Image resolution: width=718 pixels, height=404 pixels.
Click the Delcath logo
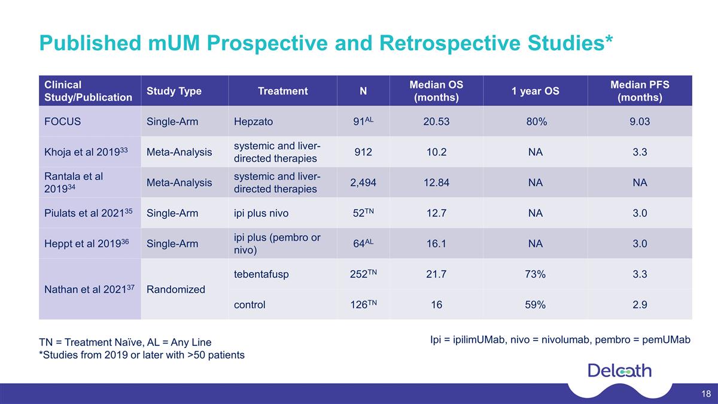coord(620,371)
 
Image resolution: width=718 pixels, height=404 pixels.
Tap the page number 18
coord(706,394)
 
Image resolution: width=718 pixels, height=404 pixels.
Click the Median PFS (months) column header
coord(640,91)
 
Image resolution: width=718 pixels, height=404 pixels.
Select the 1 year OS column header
coord(536,91)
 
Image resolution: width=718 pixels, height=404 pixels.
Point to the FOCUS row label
coord(62,121)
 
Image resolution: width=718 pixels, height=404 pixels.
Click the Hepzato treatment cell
coord(253,122)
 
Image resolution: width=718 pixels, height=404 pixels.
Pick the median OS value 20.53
coord(436,121)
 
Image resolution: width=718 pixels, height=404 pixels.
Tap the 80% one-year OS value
coord(537,121)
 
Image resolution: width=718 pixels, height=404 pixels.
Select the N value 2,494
coord(363,183)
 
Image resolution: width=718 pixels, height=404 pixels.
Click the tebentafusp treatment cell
coord(261,274)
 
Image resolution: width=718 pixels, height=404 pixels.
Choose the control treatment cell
coord(250,305)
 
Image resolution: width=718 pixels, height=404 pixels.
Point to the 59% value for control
coord(536,305)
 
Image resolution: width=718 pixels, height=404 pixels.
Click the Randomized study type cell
coord(176,290)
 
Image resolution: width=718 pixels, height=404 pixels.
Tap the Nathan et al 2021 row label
coord(89,289)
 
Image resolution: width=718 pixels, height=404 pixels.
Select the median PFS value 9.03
coord(640,121)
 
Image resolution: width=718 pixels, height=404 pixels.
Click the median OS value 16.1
coord(436,244)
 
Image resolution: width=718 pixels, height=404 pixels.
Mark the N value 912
coord(363,152)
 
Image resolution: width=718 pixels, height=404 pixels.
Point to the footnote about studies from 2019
coord(142,355)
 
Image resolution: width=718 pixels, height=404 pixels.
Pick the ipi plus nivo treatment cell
coord(261,213)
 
